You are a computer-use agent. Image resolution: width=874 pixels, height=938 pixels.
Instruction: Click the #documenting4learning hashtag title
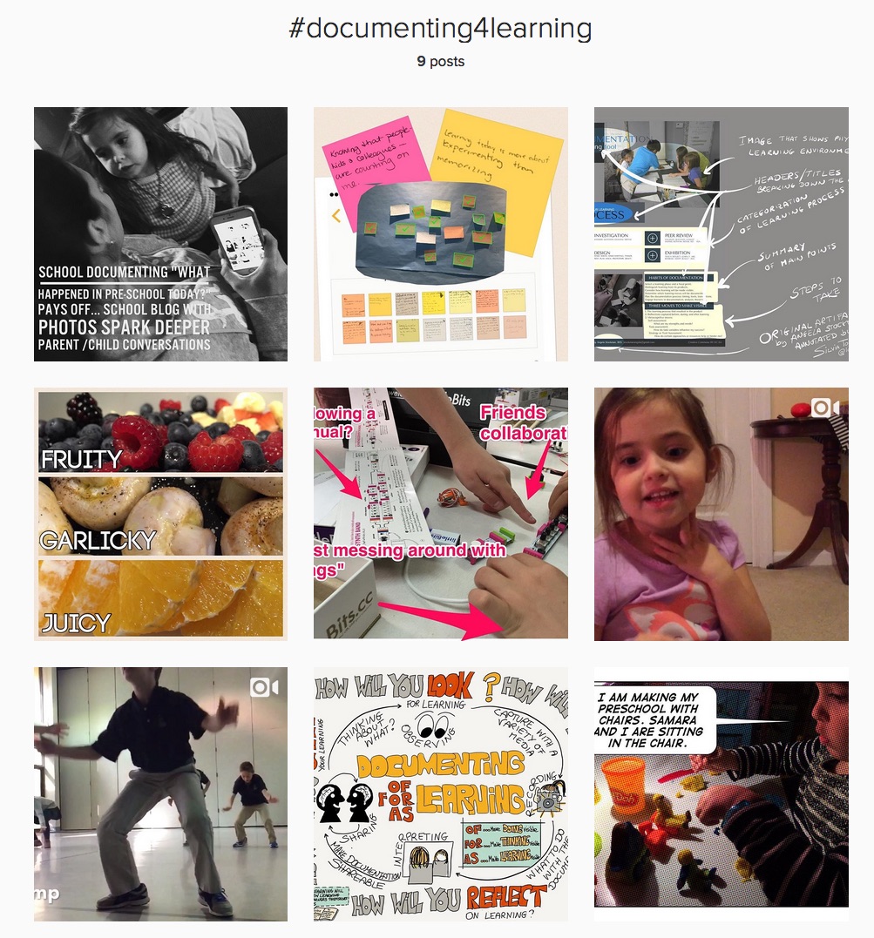coord(440,29)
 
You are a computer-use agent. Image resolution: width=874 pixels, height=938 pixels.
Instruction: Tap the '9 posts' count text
coord(440,61)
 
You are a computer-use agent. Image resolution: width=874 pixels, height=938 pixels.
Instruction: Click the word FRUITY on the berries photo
coord(82,458)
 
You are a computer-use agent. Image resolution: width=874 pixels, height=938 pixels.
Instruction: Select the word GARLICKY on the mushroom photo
coord(98,541)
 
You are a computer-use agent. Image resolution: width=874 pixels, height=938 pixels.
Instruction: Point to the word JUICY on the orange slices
coord(76,623)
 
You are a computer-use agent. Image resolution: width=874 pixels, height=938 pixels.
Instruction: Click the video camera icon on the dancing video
coord(263,687)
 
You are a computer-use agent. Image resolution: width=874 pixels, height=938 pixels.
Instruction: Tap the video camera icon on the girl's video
coord(824,408)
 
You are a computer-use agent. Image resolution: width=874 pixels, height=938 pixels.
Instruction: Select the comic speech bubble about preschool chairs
coord(653,719)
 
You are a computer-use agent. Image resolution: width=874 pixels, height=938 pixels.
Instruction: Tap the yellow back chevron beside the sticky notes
coord(336,215)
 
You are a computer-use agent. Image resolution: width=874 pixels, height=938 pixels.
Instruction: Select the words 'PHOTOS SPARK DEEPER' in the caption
coord(124,327)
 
